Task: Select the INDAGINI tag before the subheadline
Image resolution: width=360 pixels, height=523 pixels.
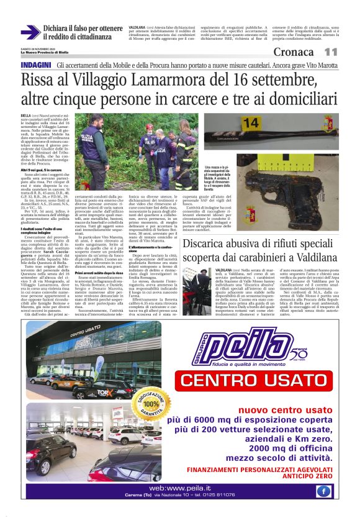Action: click(35, 65)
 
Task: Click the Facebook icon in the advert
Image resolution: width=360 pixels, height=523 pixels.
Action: click(323, 491)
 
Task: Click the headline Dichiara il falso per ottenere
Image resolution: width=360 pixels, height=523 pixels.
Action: click(83, 29)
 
